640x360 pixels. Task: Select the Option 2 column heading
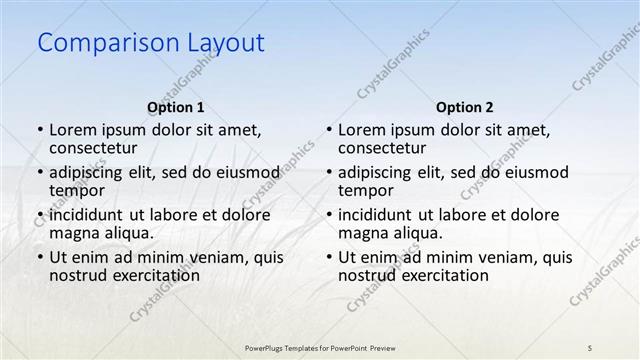(464, 107)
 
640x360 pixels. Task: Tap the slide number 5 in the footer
(590, 347)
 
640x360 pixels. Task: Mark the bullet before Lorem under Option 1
(38, 130)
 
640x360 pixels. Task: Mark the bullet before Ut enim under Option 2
(327, 257)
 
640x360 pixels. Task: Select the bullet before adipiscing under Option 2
(327, 172)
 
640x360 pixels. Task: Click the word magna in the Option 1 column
(73, 233)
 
